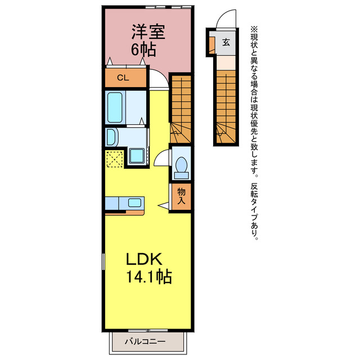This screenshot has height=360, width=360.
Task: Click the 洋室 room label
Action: (x=148, y=31)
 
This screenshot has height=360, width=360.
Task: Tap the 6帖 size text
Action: (x=143, y=49)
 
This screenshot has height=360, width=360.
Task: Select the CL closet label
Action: (x=123, y=78)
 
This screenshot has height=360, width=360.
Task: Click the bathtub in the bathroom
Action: (x=115, y=107)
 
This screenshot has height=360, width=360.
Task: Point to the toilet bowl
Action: (x=181, y=165)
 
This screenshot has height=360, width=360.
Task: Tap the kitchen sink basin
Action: (x=134, y=202)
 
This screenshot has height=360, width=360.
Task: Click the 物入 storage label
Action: (x=181, y=196)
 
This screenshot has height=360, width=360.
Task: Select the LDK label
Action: (x=144, y=259)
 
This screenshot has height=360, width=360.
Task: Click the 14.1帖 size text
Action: (x=149, y=277)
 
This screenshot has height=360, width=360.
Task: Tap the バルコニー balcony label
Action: (x=145, y=341)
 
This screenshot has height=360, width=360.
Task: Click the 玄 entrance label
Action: (x=226, y=42)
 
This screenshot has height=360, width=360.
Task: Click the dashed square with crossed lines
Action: (x=115, y=159)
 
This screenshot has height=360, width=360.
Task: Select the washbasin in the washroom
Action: (x=111, y=137)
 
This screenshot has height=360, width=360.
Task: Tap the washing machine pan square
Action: (x=137, y=156)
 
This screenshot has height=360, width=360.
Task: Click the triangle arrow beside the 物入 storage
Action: (x=163, y=205)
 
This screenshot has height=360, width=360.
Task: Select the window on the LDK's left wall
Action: (x=103, y=262)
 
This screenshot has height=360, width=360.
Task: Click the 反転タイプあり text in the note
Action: (x=254, y=211)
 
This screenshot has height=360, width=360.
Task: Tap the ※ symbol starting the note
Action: (x=254, y=29)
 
